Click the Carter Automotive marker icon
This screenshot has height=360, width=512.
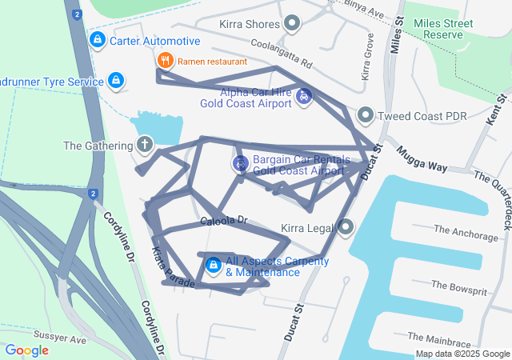point(97,40)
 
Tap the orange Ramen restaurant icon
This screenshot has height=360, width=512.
point(165,60)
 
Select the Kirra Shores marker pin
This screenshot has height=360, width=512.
point(293,24)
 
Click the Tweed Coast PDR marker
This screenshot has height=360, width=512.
point(366,115)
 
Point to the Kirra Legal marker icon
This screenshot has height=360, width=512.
point(346,228)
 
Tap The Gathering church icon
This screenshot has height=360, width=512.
point(145,145)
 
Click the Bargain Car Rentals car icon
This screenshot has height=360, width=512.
point(239,164)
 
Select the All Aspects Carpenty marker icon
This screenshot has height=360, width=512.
point(213,266)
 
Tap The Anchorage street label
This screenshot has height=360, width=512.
point(466,234)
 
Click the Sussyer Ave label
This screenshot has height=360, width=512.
point(60,339)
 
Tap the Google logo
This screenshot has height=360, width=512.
point(27,350)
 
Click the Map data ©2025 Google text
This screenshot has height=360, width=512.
point(462,354)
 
